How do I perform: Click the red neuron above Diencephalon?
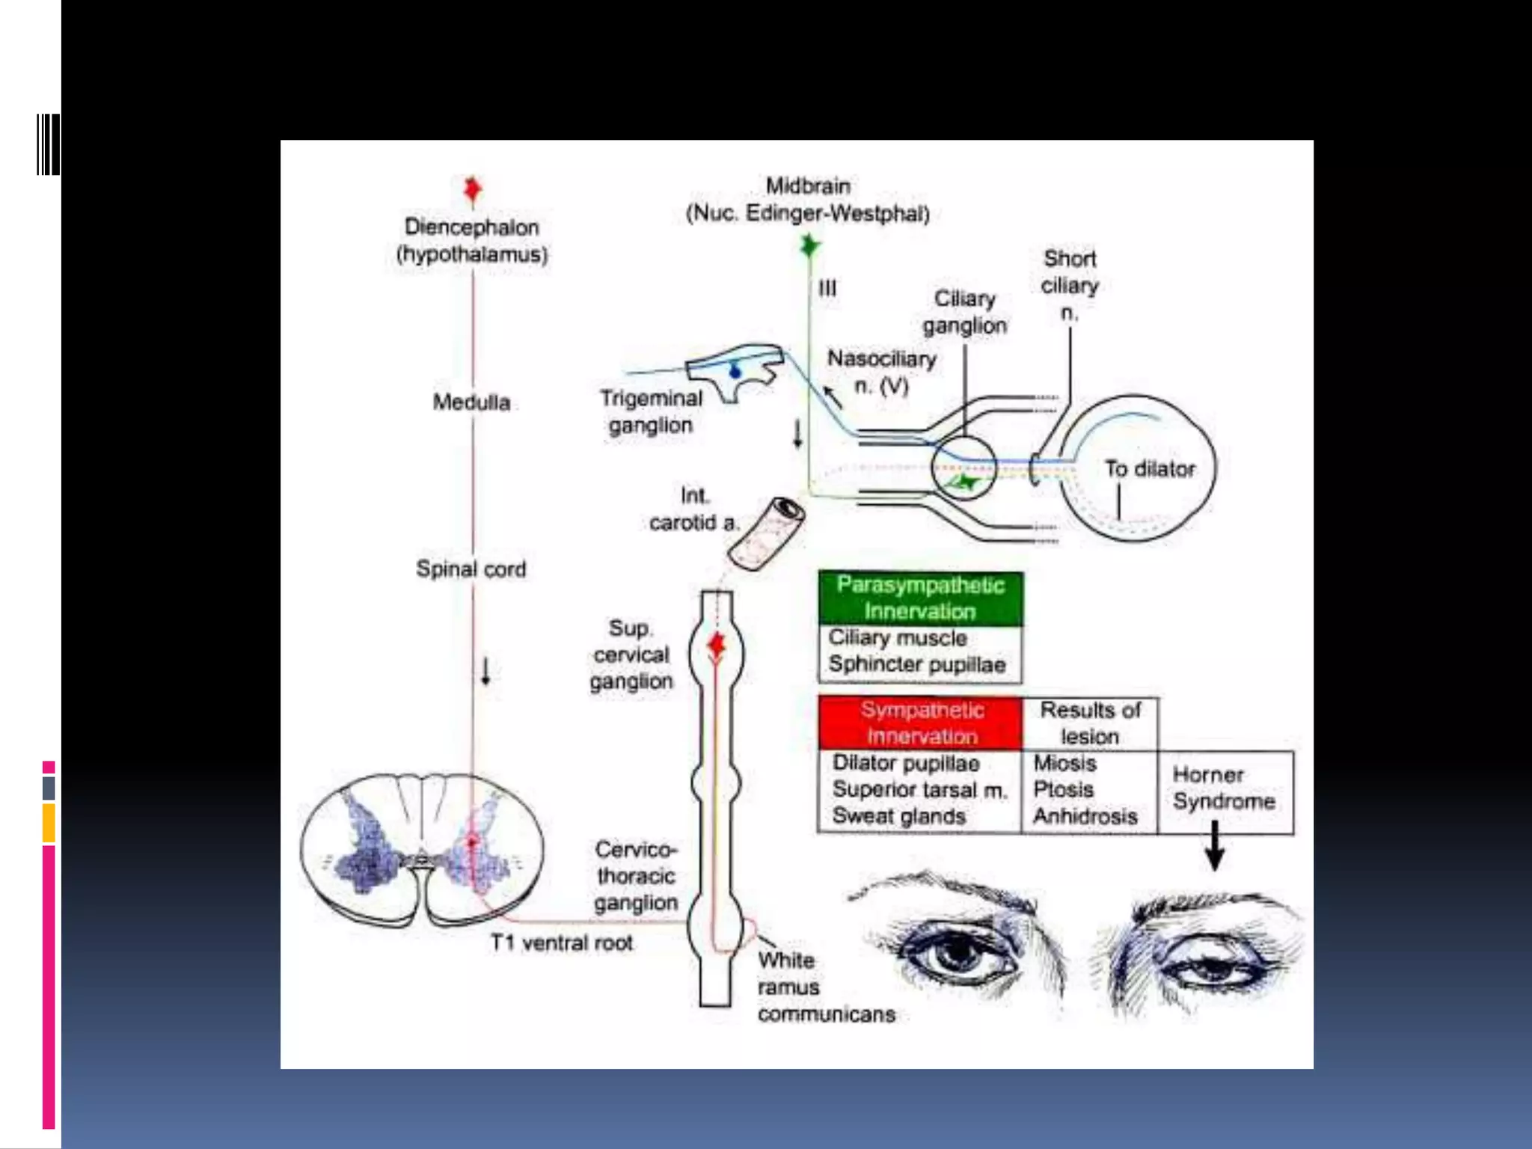point(472,189)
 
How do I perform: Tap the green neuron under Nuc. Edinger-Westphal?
point(809,245)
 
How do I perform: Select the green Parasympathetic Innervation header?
point(920,598)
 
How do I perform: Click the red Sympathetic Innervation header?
point(921,723)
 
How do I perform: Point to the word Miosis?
point(1064,763)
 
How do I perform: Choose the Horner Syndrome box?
point(1225,790)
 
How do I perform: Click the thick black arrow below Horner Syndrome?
point(1215,845)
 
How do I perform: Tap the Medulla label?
point(471,402)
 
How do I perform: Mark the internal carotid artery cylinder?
point(767,533)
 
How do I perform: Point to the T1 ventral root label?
point(561,943)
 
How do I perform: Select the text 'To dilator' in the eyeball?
point(1150,469)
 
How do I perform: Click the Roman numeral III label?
point(827,288)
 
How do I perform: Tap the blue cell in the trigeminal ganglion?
point(735,371)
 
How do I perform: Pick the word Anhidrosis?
point(1085,816)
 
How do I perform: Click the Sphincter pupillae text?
point(916,664)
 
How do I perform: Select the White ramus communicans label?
point(825,987)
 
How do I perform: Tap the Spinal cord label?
point(471,569)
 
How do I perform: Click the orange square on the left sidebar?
point(49,823)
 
